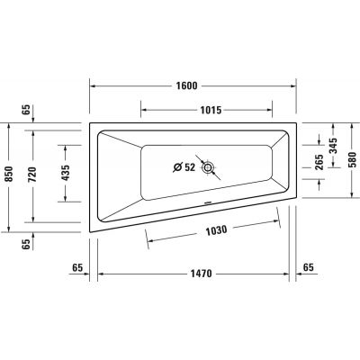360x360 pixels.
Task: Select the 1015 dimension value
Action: click(210, 111)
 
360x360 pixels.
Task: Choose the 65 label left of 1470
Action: click(77, 268)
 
